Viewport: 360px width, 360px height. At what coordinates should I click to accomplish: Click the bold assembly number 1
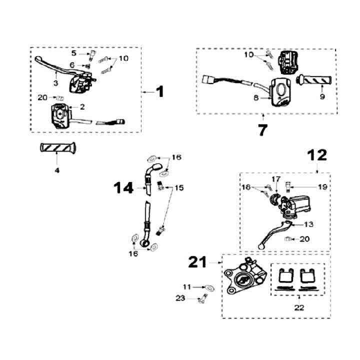point(159,92)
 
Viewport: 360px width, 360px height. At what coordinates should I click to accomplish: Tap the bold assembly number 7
point(262,129)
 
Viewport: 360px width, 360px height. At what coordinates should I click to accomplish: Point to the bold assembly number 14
point(122,188)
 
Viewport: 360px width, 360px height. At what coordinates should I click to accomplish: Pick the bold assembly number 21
point(199,261)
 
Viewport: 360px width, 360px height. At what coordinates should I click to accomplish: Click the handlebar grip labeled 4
point(57,148)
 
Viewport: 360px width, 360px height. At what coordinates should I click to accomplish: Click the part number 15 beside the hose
point(179,188)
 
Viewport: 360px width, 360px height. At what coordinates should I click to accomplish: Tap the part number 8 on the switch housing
point(256,98)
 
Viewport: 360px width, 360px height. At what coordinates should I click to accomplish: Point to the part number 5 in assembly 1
point(74,52)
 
